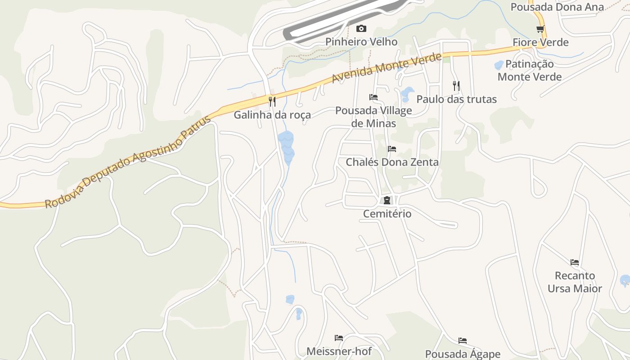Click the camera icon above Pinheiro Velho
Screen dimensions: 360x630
click(361, 29)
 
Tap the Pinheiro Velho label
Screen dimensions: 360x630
click(361, 42)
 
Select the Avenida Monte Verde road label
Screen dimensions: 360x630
click(387, 68)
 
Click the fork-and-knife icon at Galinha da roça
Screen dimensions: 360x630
click(272, 102)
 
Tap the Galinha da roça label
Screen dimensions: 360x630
click(272, 115)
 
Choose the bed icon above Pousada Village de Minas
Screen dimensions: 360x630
click(373, 97)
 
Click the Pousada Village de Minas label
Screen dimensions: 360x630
click(373, 117)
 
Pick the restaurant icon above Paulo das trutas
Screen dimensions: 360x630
click(456, 86)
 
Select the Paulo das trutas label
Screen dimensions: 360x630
click(456, 99)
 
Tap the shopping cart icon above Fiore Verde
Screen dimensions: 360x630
click(540, 29)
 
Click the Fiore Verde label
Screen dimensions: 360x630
click(540, 42)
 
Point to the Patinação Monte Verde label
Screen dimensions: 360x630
click(530, 70)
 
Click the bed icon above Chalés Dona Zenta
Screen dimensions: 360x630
click(392, 149)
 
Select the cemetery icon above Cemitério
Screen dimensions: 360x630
click(387, 200)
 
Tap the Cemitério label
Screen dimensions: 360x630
click(387, 213)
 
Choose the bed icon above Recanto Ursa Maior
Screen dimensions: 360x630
click(575, 262)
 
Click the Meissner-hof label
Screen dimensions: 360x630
click(339, 351)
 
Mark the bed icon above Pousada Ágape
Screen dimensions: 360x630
click(463, 341)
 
